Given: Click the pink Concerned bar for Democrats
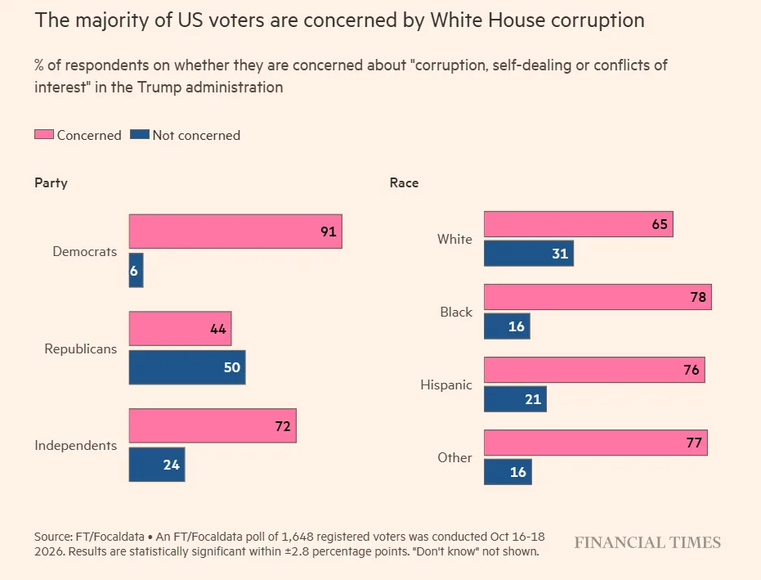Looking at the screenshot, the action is point(235,232).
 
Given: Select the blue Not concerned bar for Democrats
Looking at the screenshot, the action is point(136,270).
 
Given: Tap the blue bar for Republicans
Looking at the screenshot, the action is point(187,367).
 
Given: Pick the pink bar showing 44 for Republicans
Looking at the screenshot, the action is point(180,328).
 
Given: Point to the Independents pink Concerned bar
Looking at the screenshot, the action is point(213,425).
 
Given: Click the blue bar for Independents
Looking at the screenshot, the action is point(157,465).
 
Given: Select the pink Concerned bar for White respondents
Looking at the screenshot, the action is point(579,224).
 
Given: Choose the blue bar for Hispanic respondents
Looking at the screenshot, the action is point(515,399).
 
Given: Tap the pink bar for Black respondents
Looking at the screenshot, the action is point(598,297).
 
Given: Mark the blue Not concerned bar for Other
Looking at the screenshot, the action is point(508,472).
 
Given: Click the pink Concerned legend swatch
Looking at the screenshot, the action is point(43,134).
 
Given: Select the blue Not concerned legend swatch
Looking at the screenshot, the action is point(140,134).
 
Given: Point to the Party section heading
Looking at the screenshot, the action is point(51,183).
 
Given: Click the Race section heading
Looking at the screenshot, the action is point(404,182).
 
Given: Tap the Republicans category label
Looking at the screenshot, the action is point(81,348).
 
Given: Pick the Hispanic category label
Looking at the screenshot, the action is point(446,384).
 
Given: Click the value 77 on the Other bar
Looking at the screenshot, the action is point(694,443).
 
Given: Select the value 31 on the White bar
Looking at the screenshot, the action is point(560,253).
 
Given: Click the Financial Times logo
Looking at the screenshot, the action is point(647,542).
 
